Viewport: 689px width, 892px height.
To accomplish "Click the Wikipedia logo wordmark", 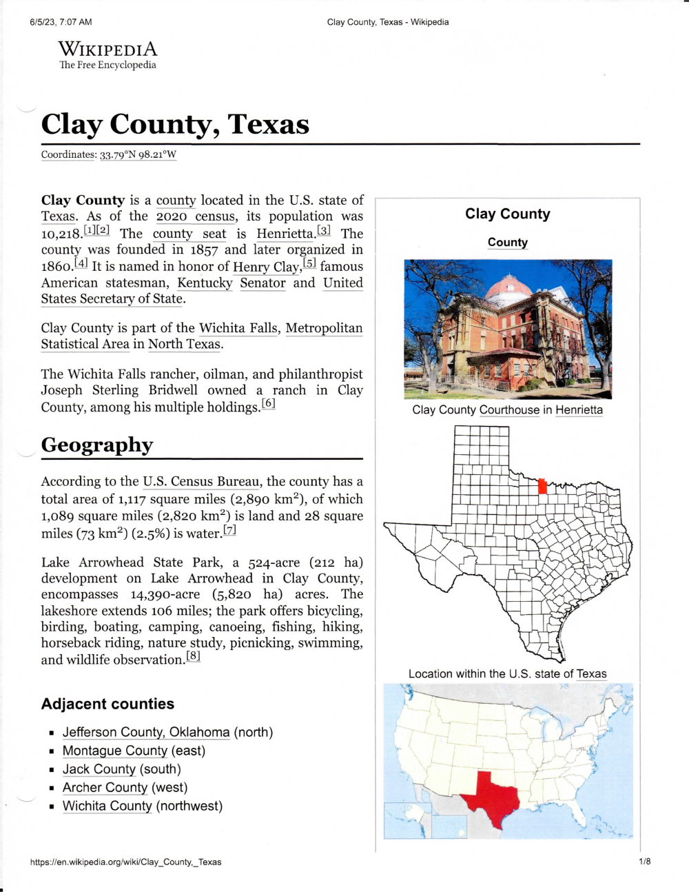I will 107,50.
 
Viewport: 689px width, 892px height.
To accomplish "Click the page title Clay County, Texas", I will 175,124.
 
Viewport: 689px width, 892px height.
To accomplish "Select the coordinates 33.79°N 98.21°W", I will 138,154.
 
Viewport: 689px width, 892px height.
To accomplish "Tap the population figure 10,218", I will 61,234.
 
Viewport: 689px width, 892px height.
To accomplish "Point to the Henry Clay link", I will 265,267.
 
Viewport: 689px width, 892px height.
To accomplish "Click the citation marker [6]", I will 268,404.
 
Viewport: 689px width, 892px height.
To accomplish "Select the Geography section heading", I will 97,445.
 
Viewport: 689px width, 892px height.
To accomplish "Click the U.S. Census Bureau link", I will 201,481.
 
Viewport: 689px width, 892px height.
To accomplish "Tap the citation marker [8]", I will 193,656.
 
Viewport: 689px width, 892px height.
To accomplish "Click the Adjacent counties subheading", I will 107,704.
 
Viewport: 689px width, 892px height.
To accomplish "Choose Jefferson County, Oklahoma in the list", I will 146,732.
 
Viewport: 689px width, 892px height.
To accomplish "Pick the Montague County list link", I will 115,751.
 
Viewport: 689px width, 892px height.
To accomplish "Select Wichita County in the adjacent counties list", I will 107,806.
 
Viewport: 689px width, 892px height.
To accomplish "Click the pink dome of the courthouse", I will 508,287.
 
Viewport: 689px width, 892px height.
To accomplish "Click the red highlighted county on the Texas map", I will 542,486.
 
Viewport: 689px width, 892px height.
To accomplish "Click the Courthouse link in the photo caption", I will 509,409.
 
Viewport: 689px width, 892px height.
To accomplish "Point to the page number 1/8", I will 645,861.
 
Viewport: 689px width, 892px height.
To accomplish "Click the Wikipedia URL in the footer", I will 126,862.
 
